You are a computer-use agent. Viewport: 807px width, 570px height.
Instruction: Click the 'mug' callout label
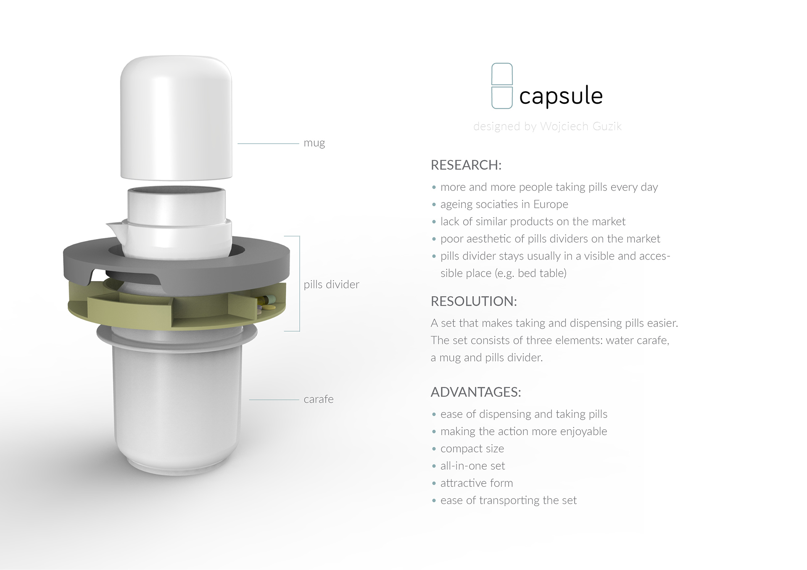314,143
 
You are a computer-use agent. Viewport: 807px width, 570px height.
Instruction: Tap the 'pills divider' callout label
331,284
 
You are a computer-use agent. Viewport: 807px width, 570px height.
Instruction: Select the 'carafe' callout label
319,399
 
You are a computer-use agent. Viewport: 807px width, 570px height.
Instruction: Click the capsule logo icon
502,86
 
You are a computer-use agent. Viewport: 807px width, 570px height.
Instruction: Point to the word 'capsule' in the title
561,96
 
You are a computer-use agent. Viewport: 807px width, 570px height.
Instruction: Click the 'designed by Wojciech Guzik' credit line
547,126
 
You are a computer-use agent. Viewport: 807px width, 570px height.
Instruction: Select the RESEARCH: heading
466,165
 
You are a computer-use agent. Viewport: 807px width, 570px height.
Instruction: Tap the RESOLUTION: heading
474,301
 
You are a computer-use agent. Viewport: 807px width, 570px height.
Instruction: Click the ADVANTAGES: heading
476,392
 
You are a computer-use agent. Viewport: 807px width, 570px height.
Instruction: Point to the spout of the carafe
112,228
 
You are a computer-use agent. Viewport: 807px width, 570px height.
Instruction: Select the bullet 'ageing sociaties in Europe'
504,205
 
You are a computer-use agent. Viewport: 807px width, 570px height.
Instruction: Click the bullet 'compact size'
472,449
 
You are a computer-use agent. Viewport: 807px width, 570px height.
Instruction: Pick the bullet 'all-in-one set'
472,466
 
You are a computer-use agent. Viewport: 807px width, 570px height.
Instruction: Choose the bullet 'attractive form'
477,483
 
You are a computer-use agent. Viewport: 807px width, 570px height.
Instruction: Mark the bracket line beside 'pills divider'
299,284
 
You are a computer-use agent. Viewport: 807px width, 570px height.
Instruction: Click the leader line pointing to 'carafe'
274,399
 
